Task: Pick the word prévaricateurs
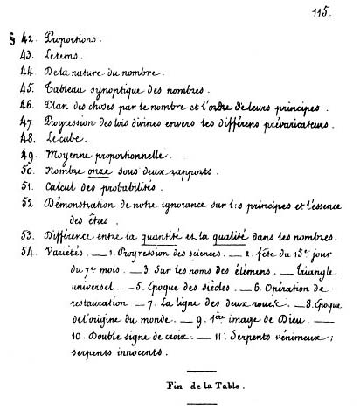point(302,123)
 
